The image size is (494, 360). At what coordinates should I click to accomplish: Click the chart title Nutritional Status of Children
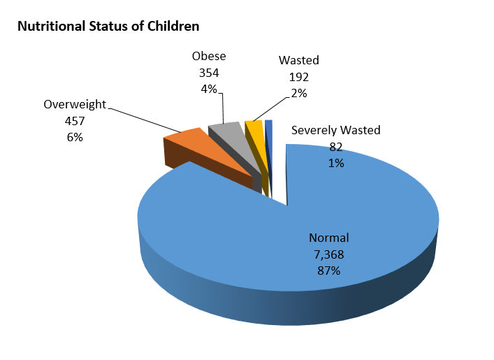[108, 27]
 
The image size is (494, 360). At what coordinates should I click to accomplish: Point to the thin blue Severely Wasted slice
[268, 125]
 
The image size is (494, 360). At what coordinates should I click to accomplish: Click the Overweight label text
[75, 105]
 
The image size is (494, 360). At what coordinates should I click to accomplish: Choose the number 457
[75, 121]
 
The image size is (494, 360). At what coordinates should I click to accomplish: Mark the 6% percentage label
[75, 137]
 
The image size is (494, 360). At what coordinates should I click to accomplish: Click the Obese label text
[209, 57]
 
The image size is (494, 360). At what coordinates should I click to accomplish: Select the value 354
[209, 73]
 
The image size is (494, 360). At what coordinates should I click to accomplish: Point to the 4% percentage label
[209, 89]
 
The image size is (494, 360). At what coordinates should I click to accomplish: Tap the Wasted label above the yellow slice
[299, 61]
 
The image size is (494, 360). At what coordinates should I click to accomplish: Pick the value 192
[299, 77]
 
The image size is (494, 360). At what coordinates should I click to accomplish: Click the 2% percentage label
[299, 93]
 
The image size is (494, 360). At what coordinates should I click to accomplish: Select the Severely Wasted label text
[335, 130]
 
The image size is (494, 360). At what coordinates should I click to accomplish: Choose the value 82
[336, 147]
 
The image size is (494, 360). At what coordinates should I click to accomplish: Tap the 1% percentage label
[336, 163]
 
